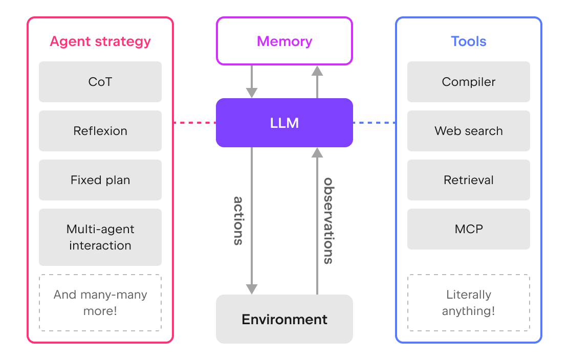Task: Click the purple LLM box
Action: point(284,123)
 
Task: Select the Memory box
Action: point(284,41)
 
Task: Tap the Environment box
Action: point(284,319)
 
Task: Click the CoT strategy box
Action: point(100,82)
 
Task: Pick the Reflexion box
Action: point(100,131)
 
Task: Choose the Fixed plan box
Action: point(100,180)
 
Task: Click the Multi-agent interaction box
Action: point(100,237)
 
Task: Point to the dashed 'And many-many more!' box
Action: point(100,303)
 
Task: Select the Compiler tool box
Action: point(469,82)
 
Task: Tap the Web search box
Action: point(469,131)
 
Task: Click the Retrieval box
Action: point(469,180)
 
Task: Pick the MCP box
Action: point(469,229)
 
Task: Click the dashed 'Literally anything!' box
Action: point(469,303)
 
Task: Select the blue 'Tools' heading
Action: point(469,41)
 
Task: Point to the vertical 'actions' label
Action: point(238,221)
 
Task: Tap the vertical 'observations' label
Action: point(329,221)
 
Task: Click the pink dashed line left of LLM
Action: point(195,123)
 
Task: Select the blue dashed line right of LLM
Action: point(375,123)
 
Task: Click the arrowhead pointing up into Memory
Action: point(317,71)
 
